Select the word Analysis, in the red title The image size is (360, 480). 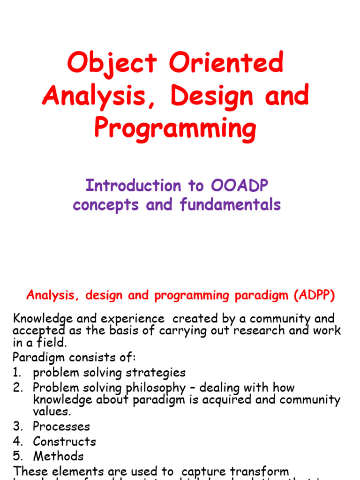pyautogui.click(x=102, y=96)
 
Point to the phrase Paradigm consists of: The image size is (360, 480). pyautogui.click(x=74, y=357)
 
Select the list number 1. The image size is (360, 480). pyautogui.click(x=17, y=373)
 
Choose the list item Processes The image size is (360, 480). pyautogui.click(x=61, y=427)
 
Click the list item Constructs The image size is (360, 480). pyautogui.click(x=64, y=442)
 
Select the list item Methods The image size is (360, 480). pyautogui.click(x=58, y=457)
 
